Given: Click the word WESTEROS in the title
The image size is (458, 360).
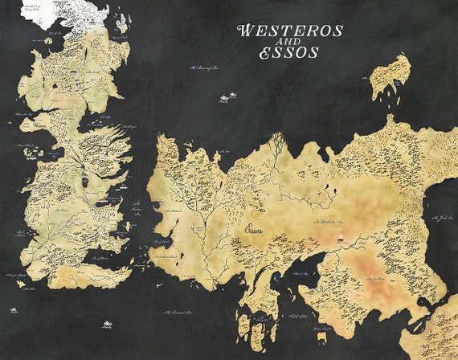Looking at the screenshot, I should tap(290, 31).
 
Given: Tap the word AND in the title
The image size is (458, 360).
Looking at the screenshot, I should tap(288, 43).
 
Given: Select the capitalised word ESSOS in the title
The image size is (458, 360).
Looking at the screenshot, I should tap(288, 54).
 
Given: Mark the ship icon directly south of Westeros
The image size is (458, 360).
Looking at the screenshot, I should tap(104, 325).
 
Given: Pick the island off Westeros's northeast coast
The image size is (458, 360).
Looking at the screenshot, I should tap(119, 35).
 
